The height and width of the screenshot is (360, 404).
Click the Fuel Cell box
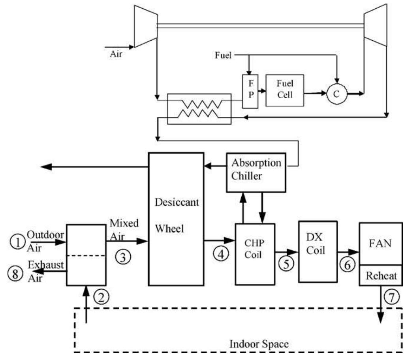coord(285,90)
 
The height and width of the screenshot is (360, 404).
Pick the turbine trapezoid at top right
coord(375,26)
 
